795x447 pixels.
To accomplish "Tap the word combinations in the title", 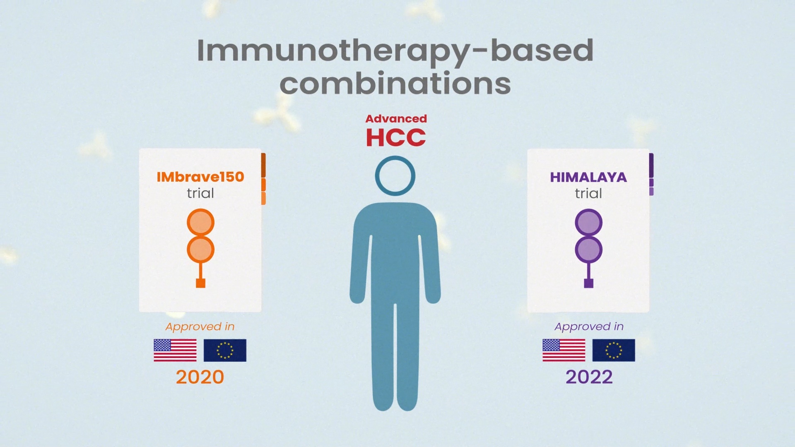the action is [395, 83].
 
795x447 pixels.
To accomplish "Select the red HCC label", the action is [395, 137].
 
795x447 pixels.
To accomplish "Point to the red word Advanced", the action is [396, 119].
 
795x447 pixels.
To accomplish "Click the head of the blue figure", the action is [395, 175].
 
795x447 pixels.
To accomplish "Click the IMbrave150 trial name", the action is [200, 177].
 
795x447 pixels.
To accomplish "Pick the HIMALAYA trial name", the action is [588, 177].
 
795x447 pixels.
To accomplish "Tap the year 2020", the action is [200, 377].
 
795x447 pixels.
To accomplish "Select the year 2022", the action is [589, 377].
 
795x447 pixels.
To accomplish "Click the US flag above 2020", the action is [175, 350].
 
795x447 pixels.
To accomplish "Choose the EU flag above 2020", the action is [225, 350].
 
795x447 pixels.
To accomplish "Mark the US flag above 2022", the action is [564, 350].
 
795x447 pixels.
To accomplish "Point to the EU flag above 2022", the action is [614, 350].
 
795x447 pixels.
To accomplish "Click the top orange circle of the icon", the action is [200, 222].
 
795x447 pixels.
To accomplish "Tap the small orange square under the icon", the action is [200, 283].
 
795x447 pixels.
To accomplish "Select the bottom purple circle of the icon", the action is [588, 250].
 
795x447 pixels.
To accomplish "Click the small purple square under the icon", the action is [588, 283].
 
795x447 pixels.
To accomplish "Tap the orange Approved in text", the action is [200, 327].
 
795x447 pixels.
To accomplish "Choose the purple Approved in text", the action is [589, 327].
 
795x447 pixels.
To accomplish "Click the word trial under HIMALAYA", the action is [588, 193].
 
